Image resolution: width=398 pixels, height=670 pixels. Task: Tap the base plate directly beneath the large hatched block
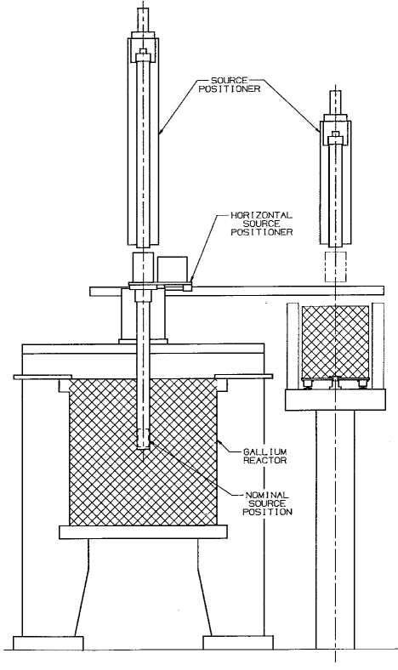[143, 533]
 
